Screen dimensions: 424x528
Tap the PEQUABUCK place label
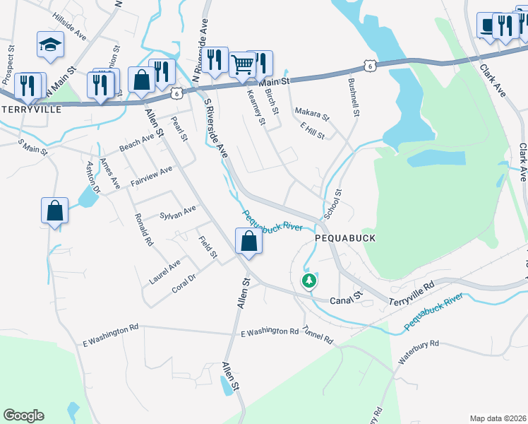pyautogui.click(x=345, y=239)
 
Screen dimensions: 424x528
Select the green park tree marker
pyautogui.click(x=308, y=281)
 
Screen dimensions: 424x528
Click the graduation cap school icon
pyautogui.click(x=52, y=45)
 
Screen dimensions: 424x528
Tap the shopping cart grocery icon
pyautogui.click(x=242, y=65)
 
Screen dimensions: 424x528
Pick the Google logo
pyautogui.click(x=23, y=416)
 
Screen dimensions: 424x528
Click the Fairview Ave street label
pyautogui.click(x=151, y=177)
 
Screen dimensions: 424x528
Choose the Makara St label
pyautogui.click(x=312, y=113)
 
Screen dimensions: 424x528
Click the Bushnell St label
pyautogui.click(x=354, y=98)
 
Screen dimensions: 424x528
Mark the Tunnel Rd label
pyautogui.click(x=318, y=336)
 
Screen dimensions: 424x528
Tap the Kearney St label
pyautogui.click(x=256, y=107)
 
